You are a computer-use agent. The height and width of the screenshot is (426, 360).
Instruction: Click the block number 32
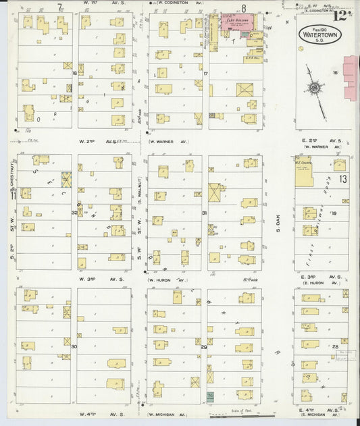75,212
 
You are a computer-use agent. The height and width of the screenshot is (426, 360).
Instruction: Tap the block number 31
204,213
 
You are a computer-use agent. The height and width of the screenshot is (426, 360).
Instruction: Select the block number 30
74,346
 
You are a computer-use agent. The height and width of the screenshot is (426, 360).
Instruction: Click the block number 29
203,346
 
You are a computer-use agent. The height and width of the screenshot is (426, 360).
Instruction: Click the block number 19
334,212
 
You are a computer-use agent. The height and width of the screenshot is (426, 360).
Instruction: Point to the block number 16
334,72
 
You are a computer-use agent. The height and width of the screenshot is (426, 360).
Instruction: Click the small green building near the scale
210,396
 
